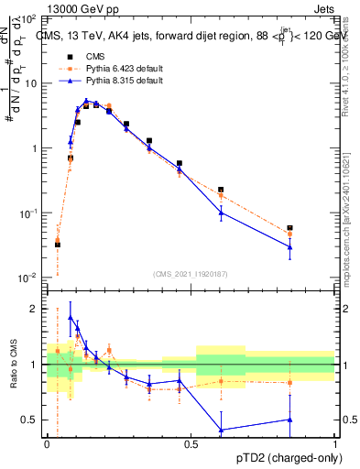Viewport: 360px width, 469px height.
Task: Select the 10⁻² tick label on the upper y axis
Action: [x=27, y=278]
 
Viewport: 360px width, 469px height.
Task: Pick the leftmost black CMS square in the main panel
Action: [x=58, y=245]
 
